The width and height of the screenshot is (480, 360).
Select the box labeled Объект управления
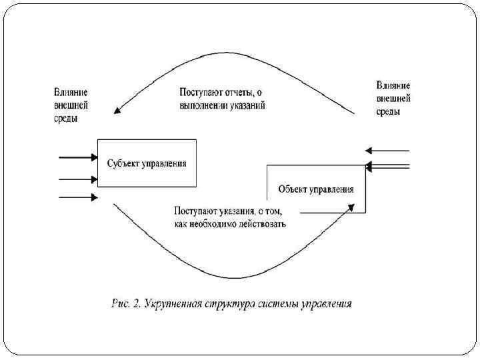(x=316, y=200)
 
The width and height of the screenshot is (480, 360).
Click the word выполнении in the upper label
(x=205, y=105)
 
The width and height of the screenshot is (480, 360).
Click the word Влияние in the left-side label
(x=70, y=92)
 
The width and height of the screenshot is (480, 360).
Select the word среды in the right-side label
(x=388, y=112)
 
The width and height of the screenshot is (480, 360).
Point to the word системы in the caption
(x=277, y=305)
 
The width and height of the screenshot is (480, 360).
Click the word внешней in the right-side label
(x=393, y=99)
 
